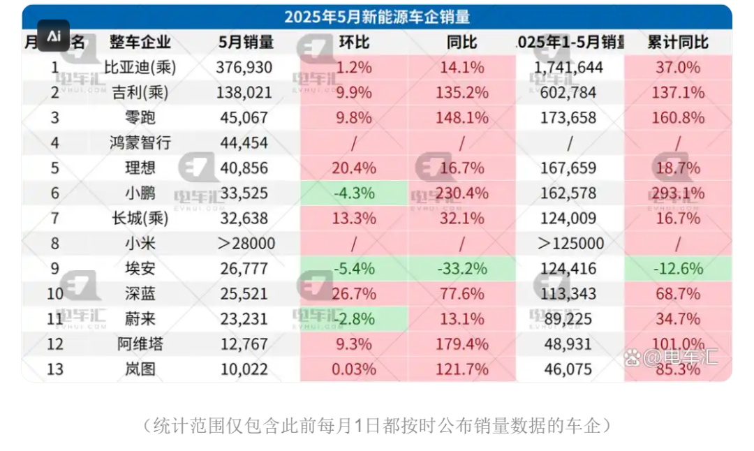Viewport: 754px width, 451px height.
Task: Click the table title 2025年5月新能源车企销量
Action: click(376, 17)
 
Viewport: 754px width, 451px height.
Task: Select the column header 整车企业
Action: click(140, 42)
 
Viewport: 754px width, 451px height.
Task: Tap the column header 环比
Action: click(354, 42)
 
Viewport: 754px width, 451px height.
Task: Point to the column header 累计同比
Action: click(677, 42)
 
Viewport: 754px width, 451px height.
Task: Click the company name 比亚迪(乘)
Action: click(140, 68)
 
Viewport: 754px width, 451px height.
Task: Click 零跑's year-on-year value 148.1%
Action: click(462, 118)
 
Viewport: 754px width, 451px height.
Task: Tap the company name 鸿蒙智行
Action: click(140, 143)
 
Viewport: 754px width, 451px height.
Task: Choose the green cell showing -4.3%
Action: click(354, 193)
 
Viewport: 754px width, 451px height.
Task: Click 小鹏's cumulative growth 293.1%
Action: click(677, 193)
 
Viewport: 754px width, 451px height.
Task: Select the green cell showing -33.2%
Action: click(462, 269)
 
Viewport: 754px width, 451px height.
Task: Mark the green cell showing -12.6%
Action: click(677, 269)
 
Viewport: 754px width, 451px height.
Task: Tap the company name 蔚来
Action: click(140, 319)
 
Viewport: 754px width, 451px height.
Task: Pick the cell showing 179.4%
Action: click(462, 344)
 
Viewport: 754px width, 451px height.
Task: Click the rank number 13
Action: click(55, 369)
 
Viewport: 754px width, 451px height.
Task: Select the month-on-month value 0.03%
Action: click(354, 369)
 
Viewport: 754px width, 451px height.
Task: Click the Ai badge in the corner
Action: click(54, 36)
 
